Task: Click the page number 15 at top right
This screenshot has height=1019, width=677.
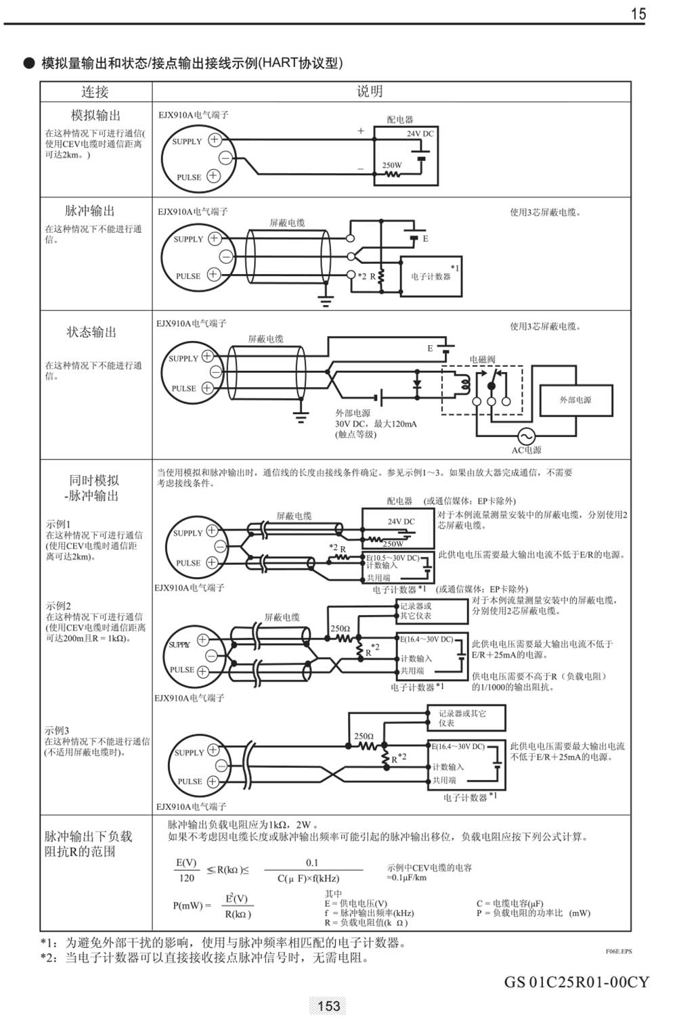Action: click(x=638, y=14)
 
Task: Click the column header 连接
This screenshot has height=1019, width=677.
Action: click(x=95, y=92)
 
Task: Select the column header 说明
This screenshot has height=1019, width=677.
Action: click(x=370, y=91)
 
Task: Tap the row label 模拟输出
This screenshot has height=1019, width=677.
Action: click(x=95, y=115)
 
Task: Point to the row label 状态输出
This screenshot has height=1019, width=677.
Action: click(x=91, y=332)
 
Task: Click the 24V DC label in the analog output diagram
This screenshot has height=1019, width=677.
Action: click(x=420, y=134)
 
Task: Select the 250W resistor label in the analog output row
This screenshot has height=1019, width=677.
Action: click(x=391, y=165)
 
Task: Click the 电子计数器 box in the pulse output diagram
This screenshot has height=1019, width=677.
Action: click(x=431, y=276)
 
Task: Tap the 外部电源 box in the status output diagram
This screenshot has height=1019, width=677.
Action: click(x=575, y=400)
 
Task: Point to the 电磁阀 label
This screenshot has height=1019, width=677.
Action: click(x=482, y=359)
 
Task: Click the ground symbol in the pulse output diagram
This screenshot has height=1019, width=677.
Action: click(x=326, y=300)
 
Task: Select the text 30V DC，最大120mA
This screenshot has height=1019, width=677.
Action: click(x=376, y=424)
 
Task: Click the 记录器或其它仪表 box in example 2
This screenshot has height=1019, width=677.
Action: click(x=432, y=611)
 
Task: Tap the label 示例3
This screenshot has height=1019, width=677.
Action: click(x=57, y=731)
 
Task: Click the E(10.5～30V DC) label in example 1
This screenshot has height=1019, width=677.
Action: click(x=393, y=558)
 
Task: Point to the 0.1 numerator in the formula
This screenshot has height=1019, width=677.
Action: click(x=312, y=863)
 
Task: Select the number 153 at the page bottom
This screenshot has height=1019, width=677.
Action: click(x=328, y=1006)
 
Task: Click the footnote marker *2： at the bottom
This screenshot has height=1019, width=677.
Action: click(x=51, y=958)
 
